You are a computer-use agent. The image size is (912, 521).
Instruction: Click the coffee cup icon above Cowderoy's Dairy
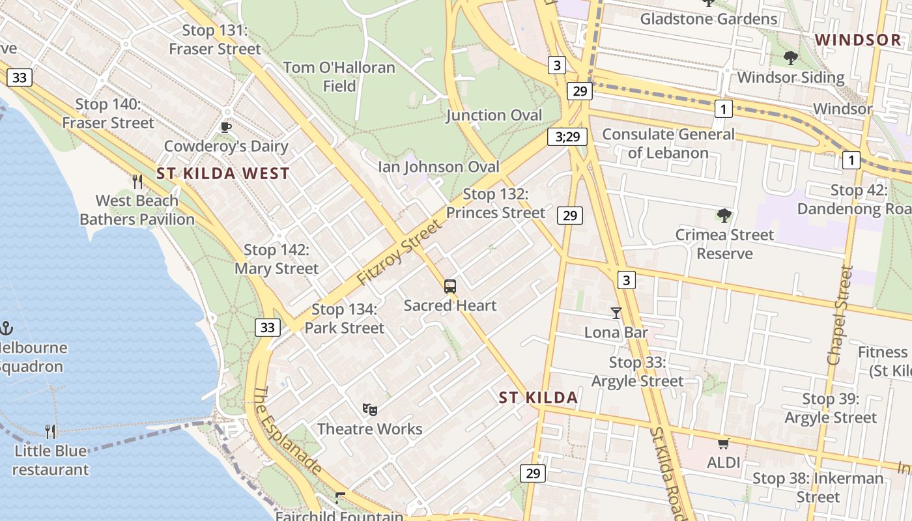tap(226, 127)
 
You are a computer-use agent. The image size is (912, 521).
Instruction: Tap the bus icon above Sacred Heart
tap(450, 286)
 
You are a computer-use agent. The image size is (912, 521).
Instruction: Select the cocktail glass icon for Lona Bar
tap(616, 313)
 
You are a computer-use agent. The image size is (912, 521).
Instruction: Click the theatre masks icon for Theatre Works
tap(370, 409)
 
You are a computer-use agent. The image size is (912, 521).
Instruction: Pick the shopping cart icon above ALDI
tap(723, 444)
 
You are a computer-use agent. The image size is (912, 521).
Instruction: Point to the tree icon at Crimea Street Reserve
tap(724, 216)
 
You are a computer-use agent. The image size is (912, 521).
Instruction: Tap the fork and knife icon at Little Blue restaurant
tap(50, 431)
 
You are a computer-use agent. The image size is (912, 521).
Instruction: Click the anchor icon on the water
tap(7, 328)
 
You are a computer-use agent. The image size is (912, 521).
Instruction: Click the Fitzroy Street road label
tap(399, 252)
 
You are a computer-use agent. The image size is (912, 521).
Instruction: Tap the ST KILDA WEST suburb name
tap(223, 174)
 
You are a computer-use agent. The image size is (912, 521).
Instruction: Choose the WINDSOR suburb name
tap(858, 40)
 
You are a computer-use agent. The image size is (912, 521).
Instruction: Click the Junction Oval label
tap(494, 115)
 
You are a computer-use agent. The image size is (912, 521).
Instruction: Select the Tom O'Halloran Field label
tap(339, 76)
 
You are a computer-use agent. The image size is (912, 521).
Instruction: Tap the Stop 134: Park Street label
tap(345, 318)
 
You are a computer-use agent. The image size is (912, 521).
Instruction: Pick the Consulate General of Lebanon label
tap(668, 143)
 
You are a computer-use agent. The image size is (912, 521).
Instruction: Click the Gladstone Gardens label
tap(709, 19)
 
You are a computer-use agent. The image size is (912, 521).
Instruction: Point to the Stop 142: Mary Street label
tap(277, 259)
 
